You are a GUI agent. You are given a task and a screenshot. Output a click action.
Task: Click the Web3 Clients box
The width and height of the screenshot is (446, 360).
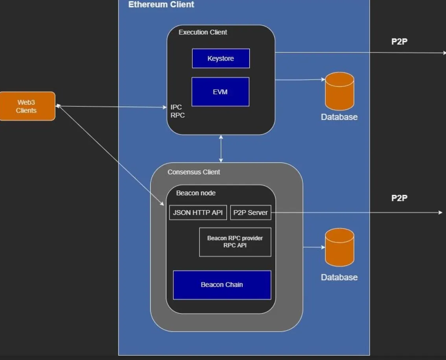coord(27,106)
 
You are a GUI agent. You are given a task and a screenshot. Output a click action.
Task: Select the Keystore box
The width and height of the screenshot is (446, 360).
coord(221,58)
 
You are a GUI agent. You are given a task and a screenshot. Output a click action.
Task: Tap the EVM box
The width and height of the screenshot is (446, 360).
coord(220,92)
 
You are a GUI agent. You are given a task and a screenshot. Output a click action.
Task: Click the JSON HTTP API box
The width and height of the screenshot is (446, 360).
coord(198,212)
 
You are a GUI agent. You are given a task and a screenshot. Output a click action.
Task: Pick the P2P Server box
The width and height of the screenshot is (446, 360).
coord(250,212)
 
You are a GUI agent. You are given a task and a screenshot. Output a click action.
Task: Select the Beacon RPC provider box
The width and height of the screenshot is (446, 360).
coord(235,242)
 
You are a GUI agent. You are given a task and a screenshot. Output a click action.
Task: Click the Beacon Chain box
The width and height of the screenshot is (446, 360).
coord(222,284)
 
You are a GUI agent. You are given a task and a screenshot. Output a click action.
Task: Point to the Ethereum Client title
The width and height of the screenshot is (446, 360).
coord(161,5)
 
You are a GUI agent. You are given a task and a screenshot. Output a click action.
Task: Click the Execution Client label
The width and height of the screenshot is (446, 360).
coord(203,32)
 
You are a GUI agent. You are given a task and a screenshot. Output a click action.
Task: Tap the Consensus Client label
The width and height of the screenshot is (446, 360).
coord(194,172)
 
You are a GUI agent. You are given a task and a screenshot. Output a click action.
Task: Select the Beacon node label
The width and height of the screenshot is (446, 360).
coord(195,193)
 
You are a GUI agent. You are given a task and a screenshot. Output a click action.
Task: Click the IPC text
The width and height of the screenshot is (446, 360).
coord(176,107)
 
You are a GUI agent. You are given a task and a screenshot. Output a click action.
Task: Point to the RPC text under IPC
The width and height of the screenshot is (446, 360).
coord(177,115)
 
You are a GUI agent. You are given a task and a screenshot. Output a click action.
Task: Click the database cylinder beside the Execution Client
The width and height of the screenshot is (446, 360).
coord(339,91)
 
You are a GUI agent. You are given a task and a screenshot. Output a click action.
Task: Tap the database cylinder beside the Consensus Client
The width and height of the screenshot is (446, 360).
coord(339,247)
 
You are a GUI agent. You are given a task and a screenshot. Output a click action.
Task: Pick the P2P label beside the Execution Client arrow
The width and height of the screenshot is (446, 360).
coord(399,42)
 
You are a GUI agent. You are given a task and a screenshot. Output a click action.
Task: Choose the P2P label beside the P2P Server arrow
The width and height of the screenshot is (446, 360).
coord(399,198)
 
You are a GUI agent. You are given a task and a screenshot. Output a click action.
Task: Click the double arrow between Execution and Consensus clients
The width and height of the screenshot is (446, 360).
coord(221,148)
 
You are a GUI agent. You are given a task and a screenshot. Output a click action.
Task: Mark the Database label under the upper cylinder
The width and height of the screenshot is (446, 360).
coord(339,117)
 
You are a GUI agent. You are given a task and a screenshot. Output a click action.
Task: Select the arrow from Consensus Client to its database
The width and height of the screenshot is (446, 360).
coord(314,247)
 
